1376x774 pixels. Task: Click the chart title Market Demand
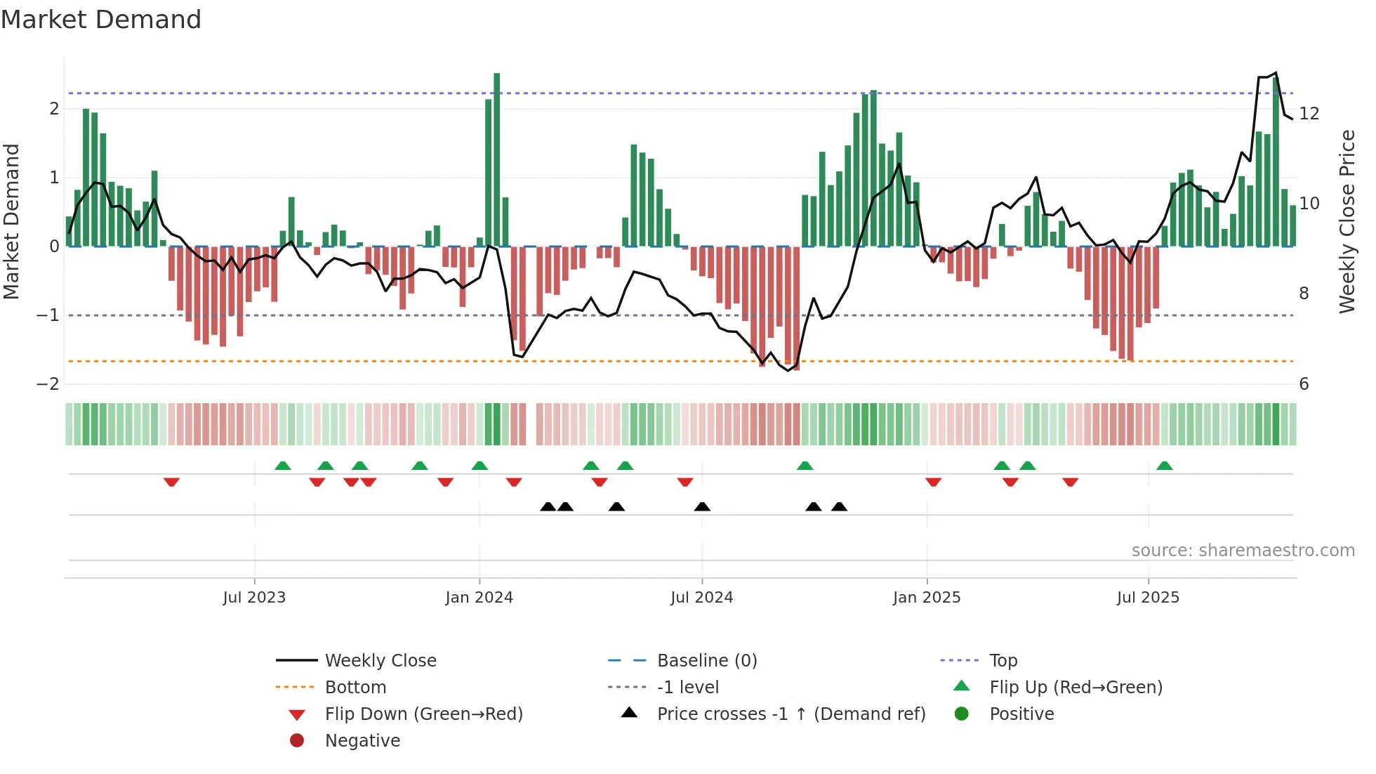(x=101, y=20)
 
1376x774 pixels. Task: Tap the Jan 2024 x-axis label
(x=479, y=598)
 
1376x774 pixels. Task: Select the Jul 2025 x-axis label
(x=1148, y=598)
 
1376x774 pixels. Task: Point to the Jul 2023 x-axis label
(x=254, y=598)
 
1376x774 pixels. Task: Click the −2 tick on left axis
(x=48, y=384)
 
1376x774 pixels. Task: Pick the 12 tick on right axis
(x=1309, y=114)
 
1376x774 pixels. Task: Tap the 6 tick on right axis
(x=1304, y=384)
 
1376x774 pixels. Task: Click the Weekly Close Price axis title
(x=1347, y=221)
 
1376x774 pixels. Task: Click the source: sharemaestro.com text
(x=1243, y=551)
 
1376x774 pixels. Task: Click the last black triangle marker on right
(x=839, y=507)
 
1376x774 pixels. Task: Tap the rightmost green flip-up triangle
(x=1164, y=466)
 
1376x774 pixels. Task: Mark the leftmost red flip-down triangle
(x=171, y=482)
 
